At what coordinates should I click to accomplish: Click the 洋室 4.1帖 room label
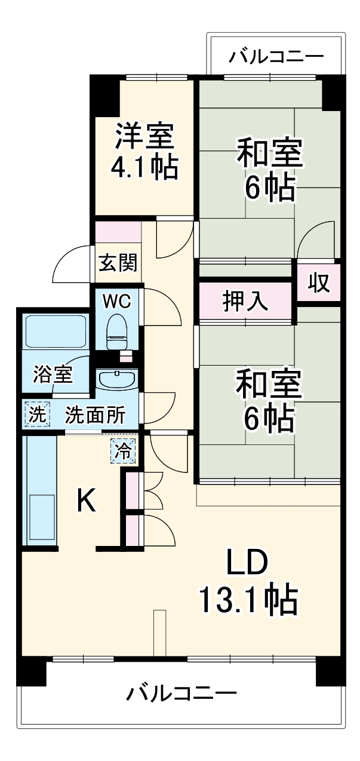pyautogui.click(x=145, y=151)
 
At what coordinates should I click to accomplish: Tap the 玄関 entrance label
pyautogui.click(x=118, y=262)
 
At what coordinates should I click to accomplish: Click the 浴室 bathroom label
pyautogui.click(x=53, y=375)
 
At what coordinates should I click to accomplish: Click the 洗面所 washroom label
pyautogui.click(x=95, y=415)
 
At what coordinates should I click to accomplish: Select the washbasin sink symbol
pyautogui.click(x=116, y=380)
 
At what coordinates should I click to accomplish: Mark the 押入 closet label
pyautogui.click(x=245, y=301)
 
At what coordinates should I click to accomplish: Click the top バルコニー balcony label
pyautogui.click(x=276, y=57)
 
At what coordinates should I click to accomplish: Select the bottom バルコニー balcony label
pyautogui.click(x=181, y=694)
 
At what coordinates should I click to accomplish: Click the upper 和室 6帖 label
pyautogui.click(x=269, y=170)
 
